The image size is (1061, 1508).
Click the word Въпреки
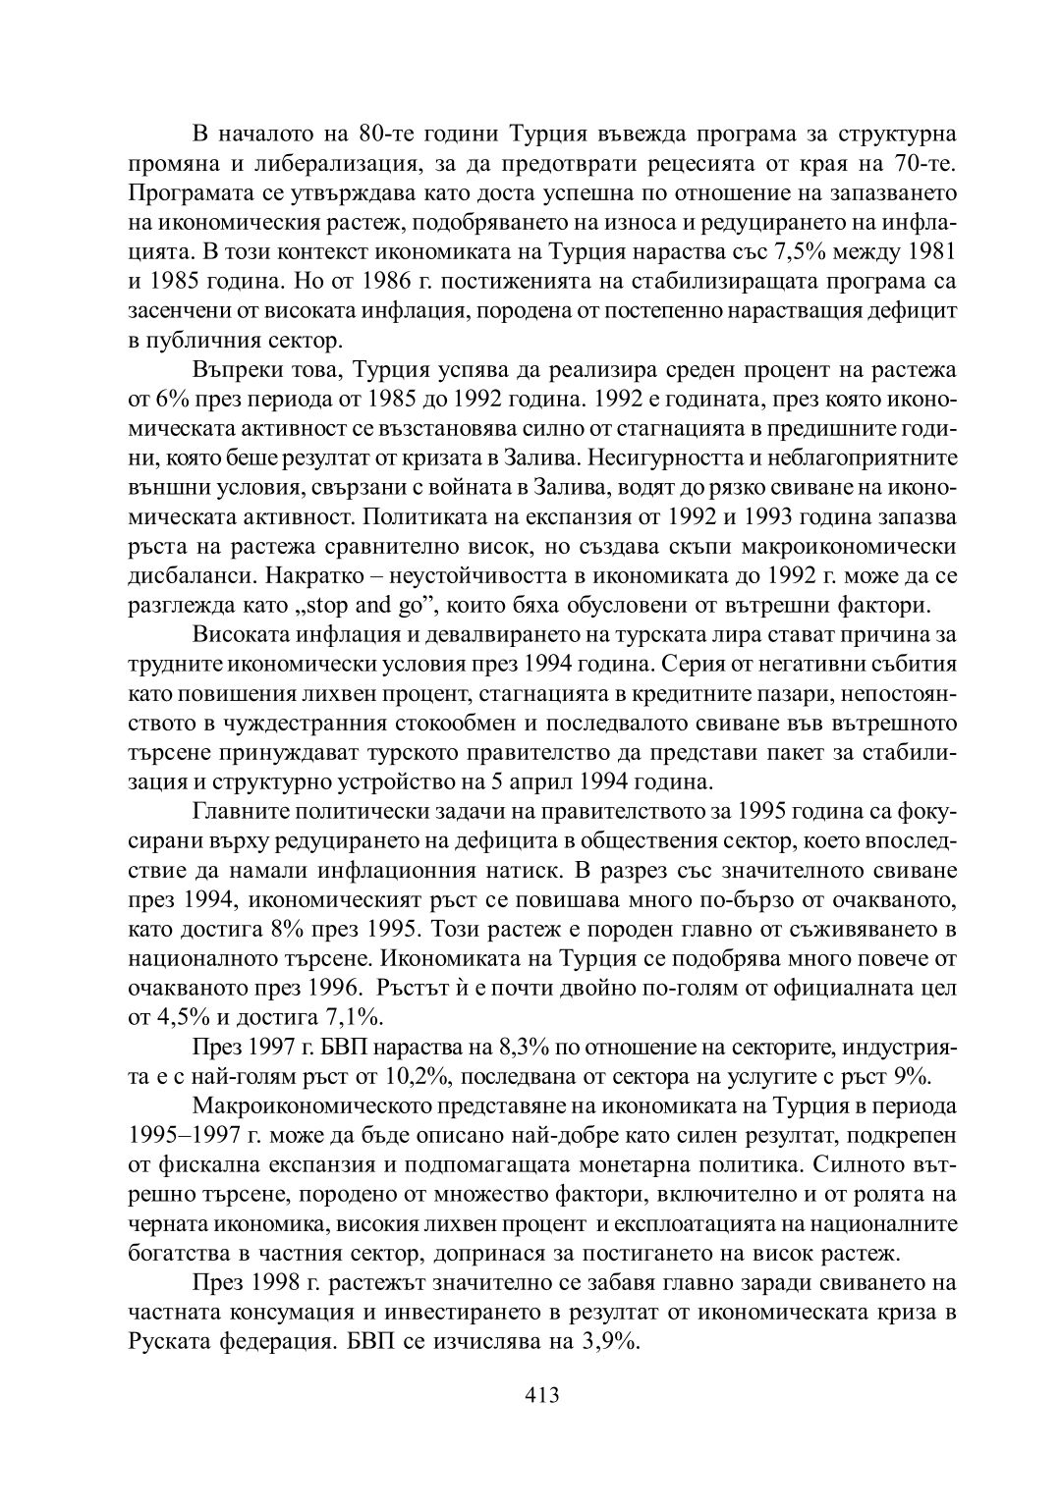pyautogui.click(x=236, y=372)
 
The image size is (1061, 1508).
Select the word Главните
pyautogui.click(x=240, y=812)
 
